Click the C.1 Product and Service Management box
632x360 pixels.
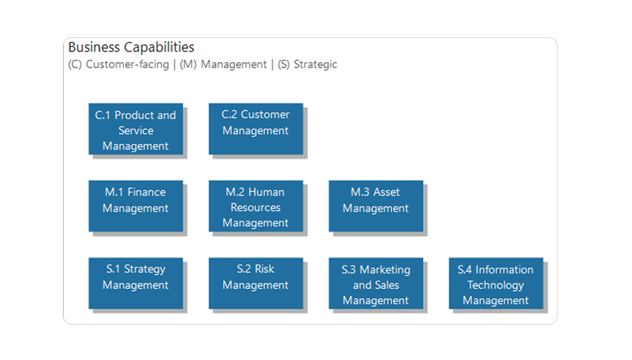tap(136, 129)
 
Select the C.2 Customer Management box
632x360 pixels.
tap(256, 129)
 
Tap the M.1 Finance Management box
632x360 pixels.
tap(136, 206)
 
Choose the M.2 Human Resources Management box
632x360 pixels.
tap(256, 206)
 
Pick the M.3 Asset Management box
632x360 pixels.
tap(376, 206)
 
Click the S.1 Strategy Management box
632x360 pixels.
tap(136, 283)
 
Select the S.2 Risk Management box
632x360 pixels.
tap(256, 283)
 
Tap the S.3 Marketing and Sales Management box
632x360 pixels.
tap(376, 283)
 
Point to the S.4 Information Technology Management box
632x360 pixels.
tap(496, 283)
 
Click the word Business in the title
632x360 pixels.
tap(94, 47)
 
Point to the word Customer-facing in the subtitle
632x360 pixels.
tap(127, 65)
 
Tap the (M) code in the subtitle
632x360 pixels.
tap(188, 65)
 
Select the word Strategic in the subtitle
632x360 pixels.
tap(315, 65)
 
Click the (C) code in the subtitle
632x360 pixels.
tap(75, 65)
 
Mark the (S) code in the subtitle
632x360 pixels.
tap(284, 65)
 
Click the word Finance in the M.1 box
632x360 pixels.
tap(146, 192)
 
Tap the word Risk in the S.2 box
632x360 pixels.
tap(265, 269)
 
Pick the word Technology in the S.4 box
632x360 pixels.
tap(496, 286)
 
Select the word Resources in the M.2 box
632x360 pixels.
tap(256, 207)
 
